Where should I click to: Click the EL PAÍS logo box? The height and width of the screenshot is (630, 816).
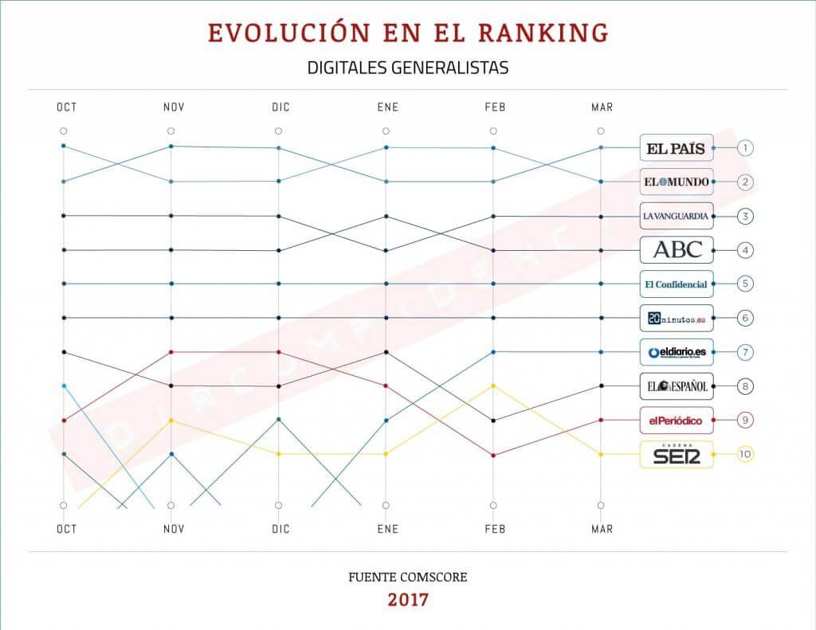(x=676, y=147)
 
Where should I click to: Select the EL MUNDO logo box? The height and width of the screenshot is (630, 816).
(x=676, y=182)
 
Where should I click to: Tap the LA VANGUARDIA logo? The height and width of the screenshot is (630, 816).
(x=676, y=216)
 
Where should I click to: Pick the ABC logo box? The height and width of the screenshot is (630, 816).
(x=676, y=250)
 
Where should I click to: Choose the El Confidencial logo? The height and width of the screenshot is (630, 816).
(x=676, y=284)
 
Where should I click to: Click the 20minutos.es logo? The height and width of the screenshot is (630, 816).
(x=676, y=318)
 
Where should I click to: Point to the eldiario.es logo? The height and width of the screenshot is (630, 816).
(x=676, y=352)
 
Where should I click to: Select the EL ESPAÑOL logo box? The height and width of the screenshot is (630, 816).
(x=676, y=386)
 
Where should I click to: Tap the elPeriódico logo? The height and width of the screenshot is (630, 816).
(x=676, y=420)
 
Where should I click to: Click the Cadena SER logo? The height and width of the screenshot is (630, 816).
(x=676, y=454)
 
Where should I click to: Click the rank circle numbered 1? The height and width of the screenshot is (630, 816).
(x=744, y=147)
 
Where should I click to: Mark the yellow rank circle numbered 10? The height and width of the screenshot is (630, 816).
(x=744, y=454)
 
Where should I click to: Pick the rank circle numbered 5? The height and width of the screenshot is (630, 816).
(x=744, y=284)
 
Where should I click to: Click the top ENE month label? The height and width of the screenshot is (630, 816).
(x=386, y=108)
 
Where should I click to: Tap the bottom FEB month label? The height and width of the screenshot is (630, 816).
(x=494, y=529)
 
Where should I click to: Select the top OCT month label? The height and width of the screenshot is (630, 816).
(x=66, y=108)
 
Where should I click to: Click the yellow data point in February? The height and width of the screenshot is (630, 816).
(x=494, y=385)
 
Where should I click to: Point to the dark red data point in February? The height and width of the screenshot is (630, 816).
(x=494, y=456)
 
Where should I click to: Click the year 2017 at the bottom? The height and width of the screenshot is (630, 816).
(x=407, y=599)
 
